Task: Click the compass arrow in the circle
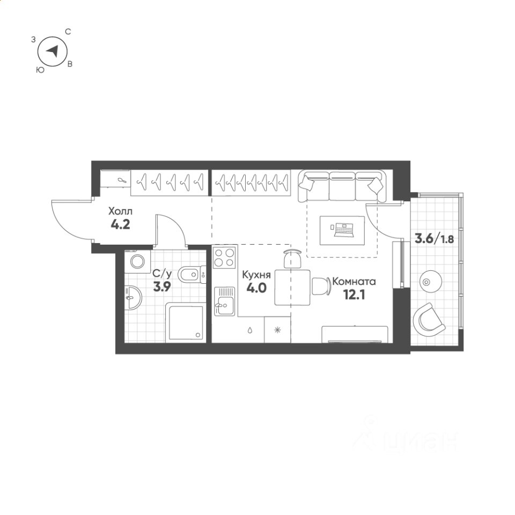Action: (53, 51)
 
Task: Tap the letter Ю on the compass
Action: (40, 70)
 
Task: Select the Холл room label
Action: (120, 211)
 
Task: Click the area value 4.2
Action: (121, 225)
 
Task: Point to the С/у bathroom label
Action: (162, 273)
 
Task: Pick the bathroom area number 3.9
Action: (162, 287)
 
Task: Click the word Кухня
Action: (256, 275)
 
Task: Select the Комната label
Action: (354, 282)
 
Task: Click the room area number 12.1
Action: (354, 295)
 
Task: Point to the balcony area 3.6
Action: (424, 238)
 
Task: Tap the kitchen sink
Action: (225, 301)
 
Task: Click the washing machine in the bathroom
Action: (137, 261)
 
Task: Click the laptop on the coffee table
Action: (344, 230)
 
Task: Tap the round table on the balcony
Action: (431, 282)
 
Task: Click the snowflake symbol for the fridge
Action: (277, 330)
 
